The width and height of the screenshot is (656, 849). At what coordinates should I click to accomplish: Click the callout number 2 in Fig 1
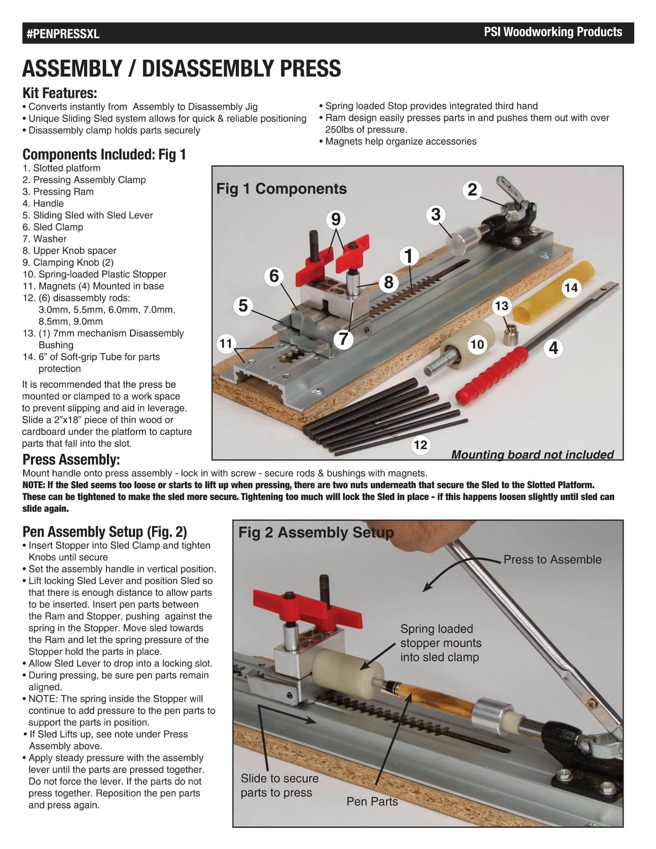coord(472,190)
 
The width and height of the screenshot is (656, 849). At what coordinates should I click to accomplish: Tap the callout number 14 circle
coord(571,288)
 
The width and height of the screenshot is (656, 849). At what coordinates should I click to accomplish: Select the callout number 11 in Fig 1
coord(226,343)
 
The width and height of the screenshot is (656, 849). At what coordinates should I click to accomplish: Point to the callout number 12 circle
coord(421,444)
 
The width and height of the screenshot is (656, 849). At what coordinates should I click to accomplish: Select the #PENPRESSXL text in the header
coord(63,34)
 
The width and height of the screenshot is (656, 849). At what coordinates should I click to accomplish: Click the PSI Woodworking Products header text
coord(553,32)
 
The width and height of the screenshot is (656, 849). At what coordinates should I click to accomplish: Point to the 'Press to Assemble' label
coord(552,560)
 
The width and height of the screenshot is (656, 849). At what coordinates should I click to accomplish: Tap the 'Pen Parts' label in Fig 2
coord(372,801)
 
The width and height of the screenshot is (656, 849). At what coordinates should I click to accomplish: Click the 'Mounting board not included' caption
coord(532,455)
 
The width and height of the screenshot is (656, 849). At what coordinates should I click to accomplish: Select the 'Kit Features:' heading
coord(60,93)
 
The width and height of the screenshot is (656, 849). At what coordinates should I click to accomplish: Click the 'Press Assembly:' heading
coord(71,460)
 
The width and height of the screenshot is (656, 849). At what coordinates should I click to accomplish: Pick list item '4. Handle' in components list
coord(43,203)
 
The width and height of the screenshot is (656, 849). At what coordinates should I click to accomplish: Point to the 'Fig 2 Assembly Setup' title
coord(316,532)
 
